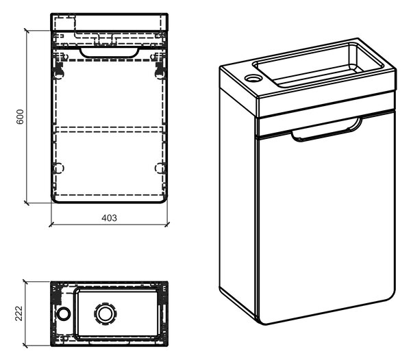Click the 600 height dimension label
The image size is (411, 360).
(x=21, y=116)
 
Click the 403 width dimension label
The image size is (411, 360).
(x=110, y=218)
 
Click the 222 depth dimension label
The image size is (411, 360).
(x=19, y=313)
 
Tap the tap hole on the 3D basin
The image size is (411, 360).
(x=253, y=77)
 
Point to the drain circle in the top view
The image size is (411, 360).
(x=105, y=313)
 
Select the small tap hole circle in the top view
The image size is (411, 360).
(x=64, y=313)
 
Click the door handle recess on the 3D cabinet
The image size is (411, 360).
(x=327, y=130)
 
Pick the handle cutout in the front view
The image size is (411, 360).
(x=110, y=52)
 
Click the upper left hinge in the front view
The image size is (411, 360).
(x=60, y=70)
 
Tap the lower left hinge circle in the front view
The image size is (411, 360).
(x=59, y=168)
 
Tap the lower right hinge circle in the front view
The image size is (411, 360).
(x=160, y=168)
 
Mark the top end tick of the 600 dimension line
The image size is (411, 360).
(x=27, y=31)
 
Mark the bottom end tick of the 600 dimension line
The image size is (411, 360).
(x=27, y=203)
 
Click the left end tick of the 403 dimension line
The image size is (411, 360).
(x=51, y=224)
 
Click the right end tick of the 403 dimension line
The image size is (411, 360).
(x=167, y=224)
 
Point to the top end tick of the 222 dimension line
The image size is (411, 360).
(x=25, y=282)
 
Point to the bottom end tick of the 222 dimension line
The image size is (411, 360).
(x=25, y=346)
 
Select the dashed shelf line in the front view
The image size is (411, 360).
(x=110, y=129)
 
